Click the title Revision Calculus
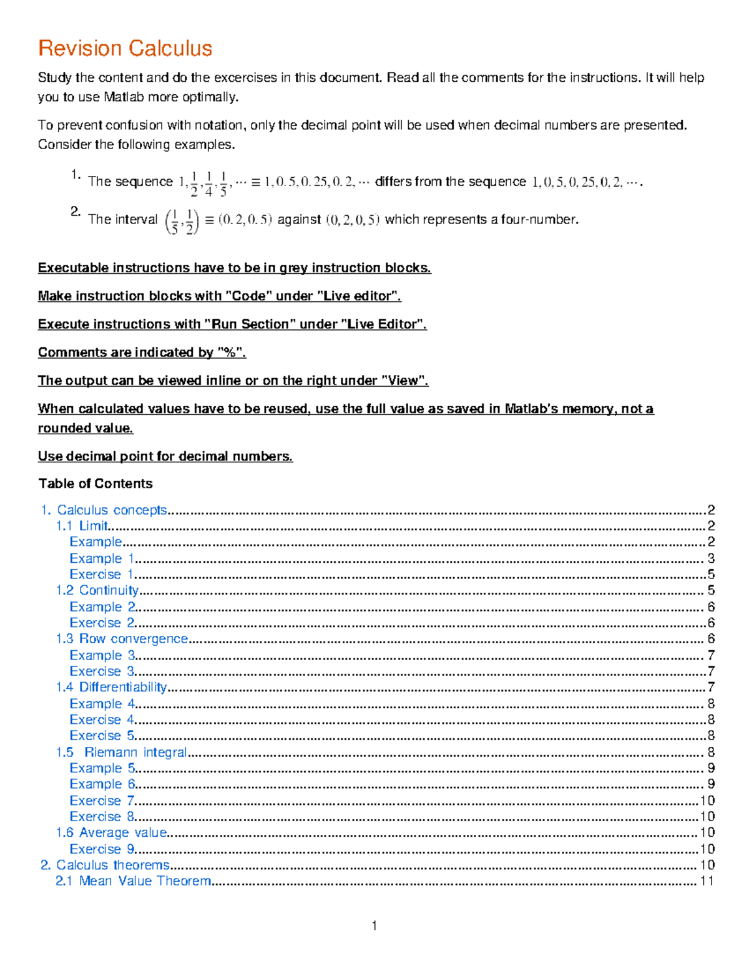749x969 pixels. (x=125, y=49)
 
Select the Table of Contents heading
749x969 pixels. (x=95, y=484)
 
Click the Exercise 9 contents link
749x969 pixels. (x=102, y=849)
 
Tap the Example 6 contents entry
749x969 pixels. (x=102, y=784)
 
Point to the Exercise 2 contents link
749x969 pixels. (x=102, y=623)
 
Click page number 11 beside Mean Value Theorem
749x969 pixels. (x=707, y=881)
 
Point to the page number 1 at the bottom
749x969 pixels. (x=374, y=926)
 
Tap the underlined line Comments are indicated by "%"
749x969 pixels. (x=142, y=353)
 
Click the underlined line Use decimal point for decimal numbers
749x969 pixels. (x=165, y=457)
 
